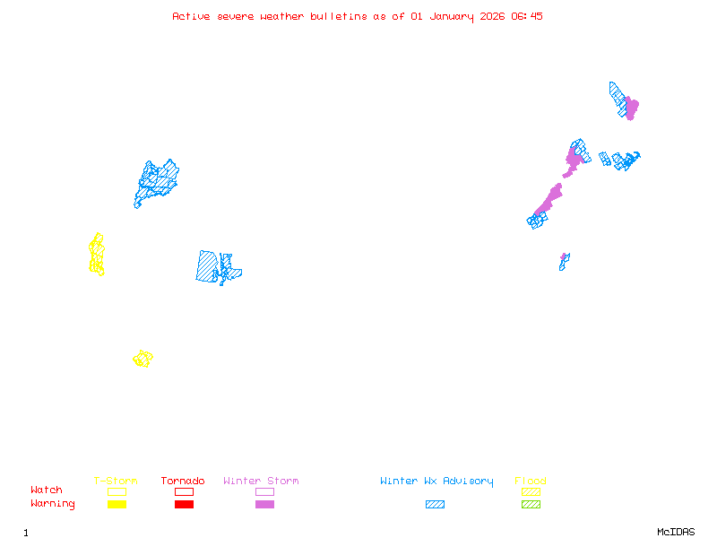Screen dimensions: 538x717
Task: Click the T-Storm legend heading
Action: click(x=116, y=482)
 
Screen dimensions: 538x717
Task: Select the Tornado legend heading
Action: click(x=183, y=482)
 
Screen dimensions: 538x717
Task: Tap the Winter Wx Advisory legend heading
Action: click(x=436, y=482)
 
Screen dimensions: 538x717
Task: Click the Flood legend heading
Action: click(x=531, y=482)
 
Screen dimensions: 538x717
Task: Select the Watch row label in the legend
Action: click(x=47, y=490)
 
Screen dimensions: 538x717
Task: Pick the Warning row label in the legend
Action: click(x=53, y=504)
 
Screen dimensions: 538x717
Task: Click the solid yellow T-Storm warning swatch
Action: click(x=117, y=505)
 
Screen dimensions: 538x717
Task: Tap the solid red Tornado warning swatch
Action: click(x=184, y=505)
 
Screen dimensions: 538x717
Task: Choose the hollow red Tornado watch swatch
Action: click(x=184, y=491)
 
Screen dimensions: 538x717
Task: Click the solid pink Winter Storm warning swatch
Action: click(x=264, y=505)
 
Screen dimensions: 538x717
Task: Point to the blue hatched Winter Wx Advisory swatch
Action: click(x=435, y=505)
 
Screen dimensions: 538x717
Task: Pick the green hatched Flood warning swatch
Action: click(x=531, y=505)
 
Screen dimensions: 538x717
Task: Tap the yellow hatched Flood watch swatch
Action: click(x=531, y=491)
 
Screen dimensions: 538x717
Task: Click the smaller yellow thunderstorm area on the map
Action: click(x=143, y=359)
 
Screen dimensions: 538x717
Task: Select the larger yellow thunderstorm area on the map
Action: click(x=97, y=255)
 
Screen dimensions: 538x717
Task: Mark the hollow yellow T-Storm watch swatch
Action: click(x=117, y=491)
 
